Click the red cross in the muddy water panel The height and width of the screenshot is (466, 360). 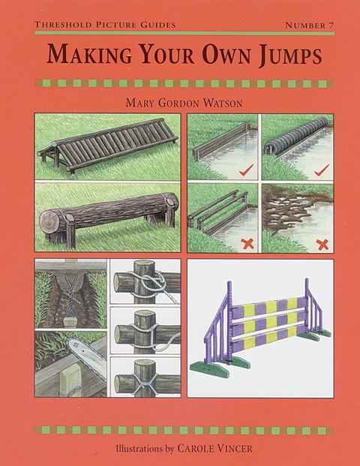point(323,243)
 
